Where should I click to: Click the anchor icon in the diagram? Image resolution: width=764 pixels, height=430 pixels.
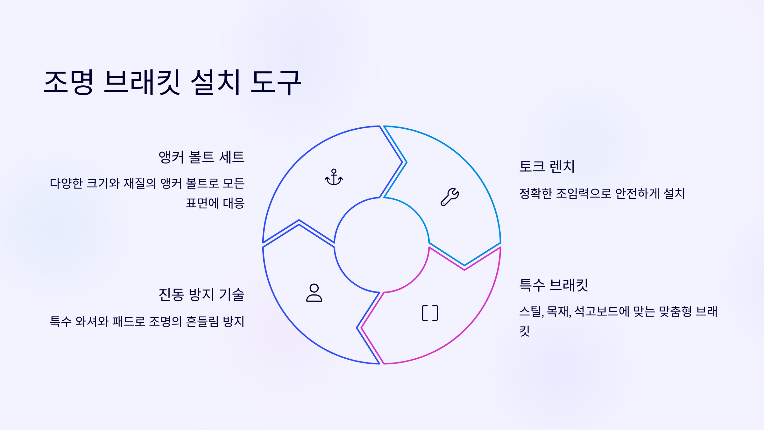click(334, 177)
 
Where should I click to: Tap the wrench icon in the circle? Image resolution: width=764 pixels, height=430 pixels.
click(449, 197)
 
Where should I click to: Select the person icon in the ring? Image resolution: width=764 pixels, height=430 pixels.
click(314, 293)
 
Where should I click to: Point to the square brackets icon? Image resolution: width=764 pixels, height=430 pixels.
click(430, 313)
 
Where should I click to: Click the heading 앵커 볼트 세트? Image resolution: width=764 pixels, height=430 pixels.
click(201, 157)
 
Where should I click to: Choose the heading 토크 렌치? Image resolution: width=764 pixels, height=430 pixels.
click(547, 167)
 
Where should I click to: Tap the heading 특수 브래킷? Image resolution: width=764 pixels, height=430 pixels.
click(554, 285)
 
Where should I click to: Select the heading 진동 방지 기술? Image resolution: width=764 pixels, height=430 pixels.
click(201, 295)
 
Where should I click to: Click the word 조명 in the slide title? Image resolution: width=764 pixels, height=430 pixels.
click(69, 82)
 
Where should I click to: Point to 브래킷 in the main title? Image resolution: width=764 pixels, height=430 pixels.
click(142, 82)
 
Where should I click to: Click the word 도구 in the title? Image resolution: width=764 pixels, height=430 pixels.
click(276, 82)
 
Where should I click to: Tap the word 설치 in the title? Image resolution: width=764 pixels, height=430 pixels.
click(215, 82)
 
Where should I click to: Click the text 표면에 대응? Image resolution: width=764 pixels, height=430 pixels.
click(215, 203)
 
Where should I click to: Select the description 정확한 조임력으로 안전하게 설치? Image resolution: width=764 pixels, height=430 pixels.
click(602, 193)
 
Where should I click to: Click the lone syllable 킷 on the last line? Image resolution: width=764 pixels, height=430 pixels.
click(525, 331)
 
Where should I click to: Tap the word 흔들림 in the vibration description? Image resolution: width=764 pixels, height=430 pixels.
click(202, 321)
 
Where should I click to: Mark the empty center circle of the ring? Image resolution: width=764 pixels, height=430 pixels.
click(381, 245)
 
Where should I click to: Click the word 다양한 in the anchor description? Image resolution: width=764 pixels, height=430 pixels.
click(66, 183)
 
